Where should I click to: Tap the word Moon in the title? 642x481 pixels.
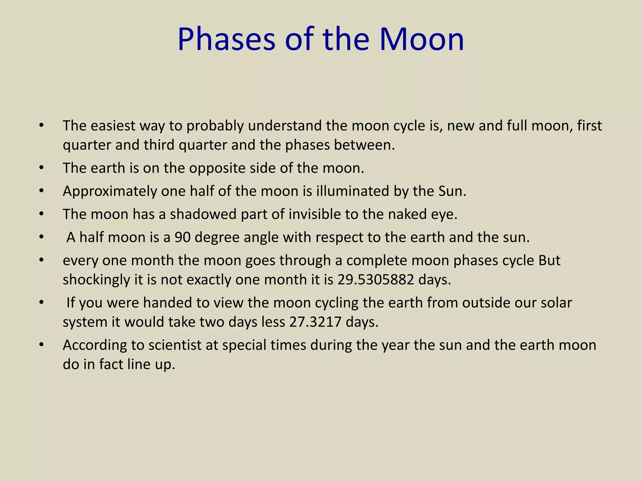[421, 40]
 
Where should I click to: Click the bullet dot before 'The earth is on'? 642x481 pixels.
[41, 168]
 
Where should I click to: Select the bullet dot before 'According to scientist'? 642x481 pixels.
[41, 345]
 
